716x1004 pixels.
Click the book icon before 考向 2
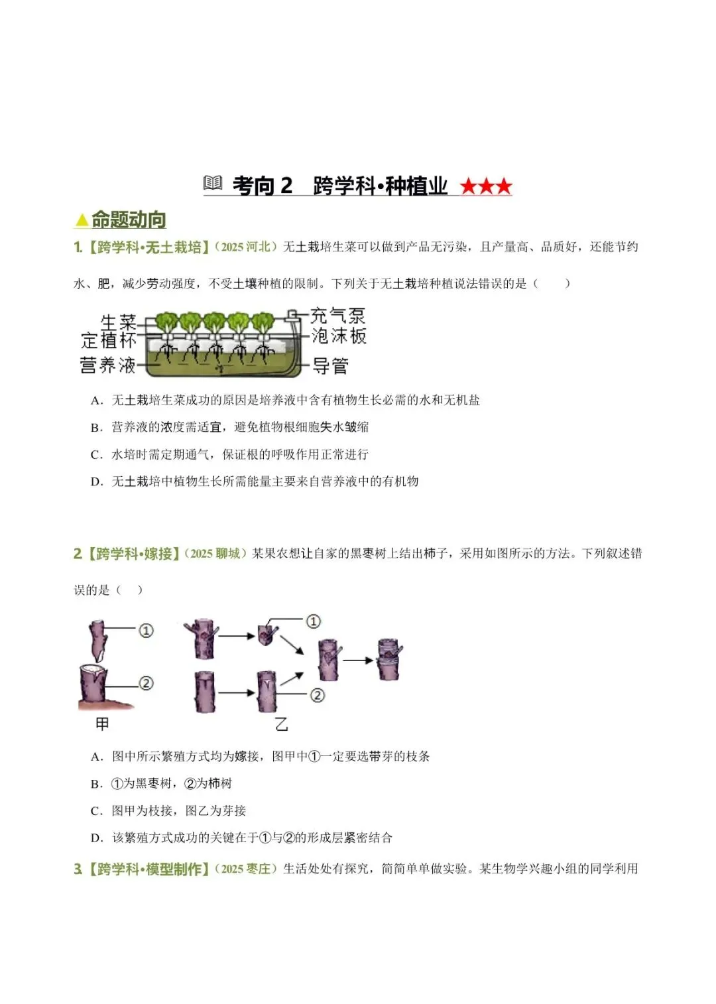(213, 183)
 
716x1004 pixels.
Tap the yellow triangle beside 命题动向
(82, 220)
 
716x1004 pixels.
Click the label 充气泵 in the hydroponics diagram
(338, 316)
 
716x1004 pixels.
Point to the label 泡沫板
(339, 336)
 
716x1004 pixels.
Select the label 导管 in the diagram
(330, 366)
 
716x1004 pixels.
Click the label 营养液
(107, 365)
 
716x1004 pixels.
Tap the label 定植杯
(108, 340)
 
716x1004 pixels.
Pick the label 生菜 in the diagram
(118, 322)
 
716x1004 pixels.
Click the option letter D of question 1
(95, 482)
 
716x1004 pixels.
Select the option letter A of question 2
(95, 757)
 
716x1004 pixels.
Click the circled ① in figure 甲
(146, 631)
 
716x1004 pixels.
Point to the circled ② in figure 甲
(146, 683)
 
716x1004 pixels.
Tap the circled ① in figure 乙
(313, 621)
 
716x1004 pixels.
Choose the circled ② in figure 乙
(317, 695)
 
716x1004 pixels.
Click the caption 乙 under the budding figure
(281, 724)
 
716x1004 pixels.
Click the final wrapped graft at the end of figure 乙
(389, 659)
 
